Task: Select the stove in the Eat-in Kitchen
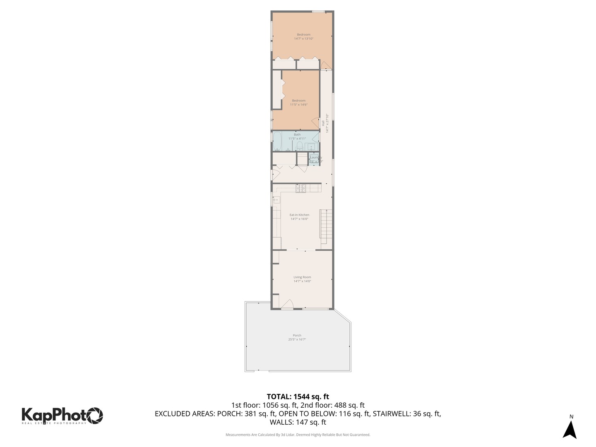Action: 301,188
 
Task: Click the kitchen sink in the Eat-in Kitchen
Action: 276,200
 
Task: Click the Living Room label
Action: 302,277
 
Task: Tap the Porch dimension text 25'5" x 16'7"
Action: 297,339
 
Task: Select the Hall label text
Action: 323,123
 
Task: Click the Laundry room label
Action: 315,157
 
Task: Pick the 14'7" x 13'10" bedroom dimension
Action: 303,38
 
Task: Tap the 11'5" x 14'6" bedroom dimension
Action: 298,105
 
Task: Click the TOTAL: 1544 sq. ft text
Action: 298,397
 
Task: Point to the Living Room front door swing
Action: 287,304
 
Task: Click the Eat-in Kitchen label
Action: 299,215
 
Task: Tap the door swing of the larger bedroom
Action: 326,65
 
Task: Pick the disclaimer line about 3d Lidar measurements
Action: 298,435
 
